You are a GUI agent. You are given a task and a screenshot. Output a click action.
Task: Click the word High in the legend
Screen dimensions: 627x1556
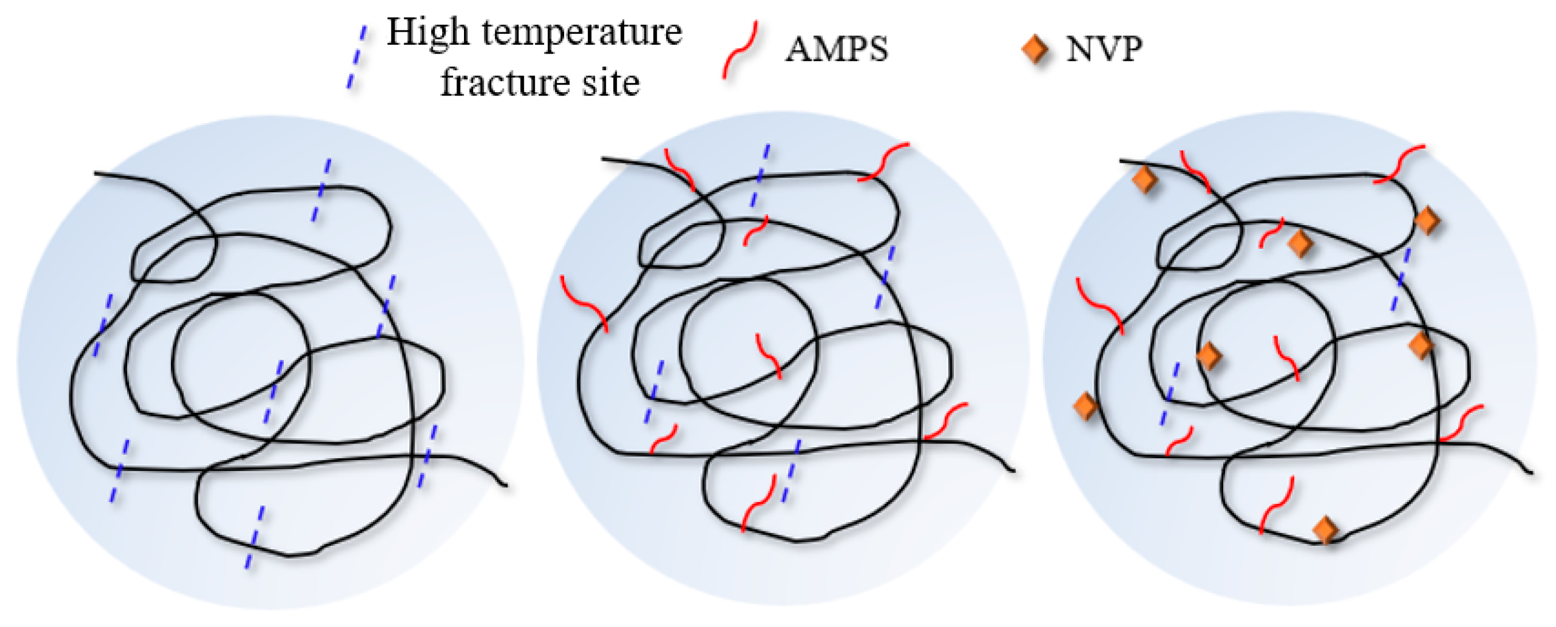point(428,33)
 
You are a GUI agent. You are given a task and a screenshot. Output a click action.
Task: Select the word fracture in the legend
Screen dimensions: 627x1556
point(504,82)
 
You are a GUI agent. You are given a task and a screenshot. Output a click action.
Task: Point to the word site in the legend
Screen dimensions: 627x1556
point(610,82)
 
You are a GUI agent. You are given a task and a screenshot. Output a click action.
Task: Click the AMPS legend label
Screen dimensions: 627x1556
point(836,49)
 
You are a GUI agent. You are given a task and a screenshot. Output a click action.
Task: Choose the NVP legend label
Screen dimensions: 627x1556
point(1104,49)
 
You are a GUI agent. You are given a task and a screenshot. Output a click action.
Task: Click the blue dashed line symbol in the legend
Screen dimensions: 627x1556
point(356,58)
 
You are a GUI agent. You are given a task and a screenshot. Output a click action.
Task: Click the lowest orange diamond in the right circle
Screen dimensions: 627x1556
point(1326,530)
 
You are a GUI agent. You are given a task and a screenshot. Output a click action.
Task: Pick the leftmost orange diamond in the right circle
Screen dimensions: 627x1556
point(1086,406)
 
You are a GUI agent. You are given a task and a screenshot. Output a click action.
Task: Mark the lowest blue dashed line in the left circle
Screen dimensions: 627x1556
point(254,537)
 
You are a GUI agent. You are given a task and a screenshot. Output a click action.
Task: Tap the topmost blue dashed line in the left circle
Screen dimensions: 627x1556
point(321,189)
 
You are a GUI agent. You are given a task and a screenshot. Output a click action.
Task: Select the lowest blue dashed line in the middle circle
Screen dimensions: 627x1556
point(791,470)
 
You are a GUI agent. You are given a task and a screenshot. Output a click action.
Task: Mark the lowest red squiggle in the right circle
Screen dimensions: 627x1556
point(1276,505)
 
